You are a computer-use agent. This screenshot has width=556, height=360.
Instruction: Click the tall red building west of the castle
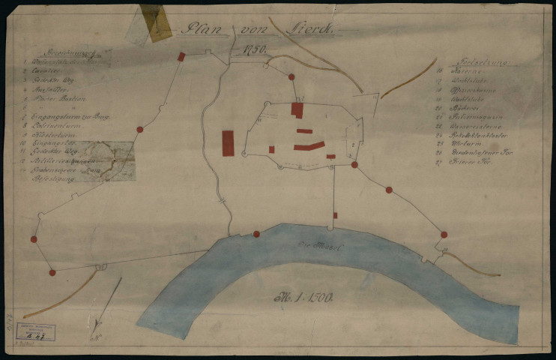click(x=228, y=142)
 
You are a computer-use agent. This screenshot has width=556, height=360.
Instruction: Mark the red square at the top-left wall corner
click(x=181, y=56)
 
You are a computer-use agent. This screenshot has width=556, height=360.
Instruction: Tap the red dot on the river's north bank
click(x=256, y=234)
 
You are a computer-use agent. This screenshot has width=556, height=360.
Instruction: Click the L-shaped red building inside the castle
click(x=297, y=110)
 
